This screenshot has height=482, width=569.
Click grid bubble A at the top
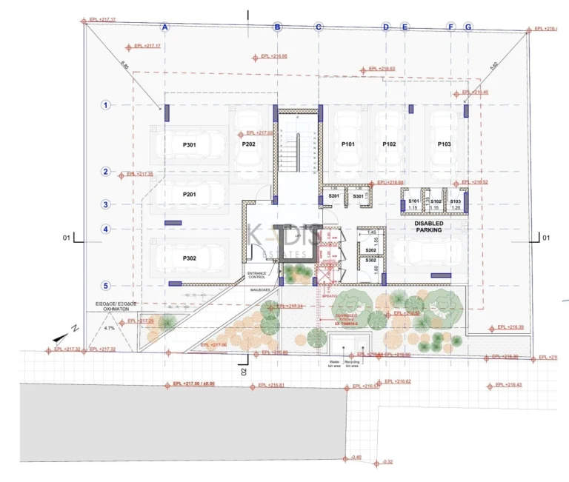click(165, 27)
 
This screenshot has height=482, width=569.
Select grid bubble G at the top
click(467, 27)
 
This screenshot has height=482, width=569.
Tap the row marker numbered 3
click(106, 204)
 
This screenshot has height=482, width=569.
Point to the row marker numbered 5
click(106, 286)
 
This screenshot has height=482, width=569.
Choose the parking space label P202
click(248, 144)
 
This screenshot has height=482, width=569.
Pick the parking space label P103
click(445, 144)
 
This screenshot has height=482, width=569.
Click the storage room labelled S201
click(333, 196)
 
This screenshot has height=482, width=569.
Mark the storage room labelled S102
click(436, 201)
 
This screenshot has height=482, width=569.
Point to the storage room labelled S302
click(370, 261)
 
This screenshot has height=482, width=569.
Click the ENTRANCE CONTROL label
click(256, 275)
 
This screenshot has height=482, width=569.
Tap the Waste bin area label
click(334, 364)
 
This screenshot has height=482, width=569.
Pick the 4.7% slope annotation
click(110, 327)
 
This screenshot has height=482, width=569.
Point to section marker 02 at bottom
click(242, 369)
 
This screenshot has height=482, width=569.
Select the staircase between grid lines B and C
click(298, 152)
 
